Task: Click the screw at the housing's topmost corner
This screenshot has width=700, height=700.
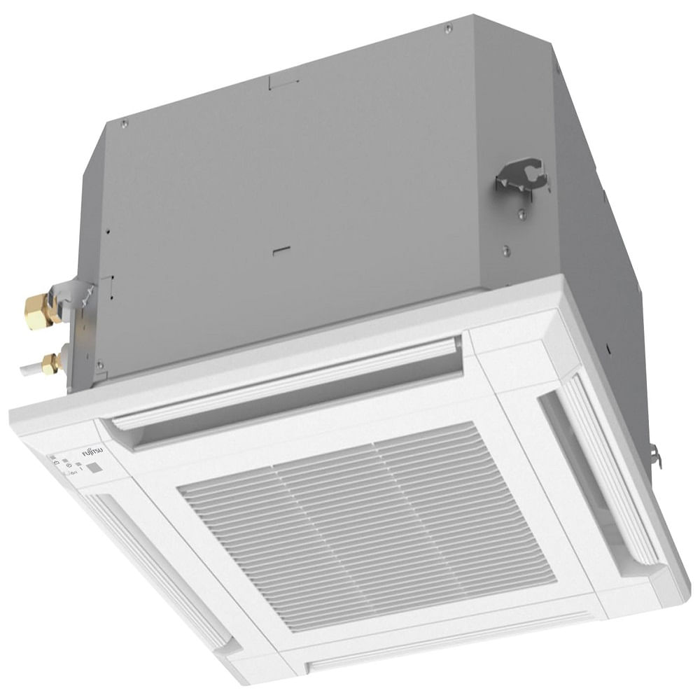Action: click(x=448, y=28)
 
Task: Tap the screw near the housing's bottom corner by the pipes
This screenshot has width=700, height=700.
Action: click(x=100, y=364)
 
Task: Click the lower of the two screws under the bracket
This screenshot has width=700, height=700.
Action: click(x=505, y=251)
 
